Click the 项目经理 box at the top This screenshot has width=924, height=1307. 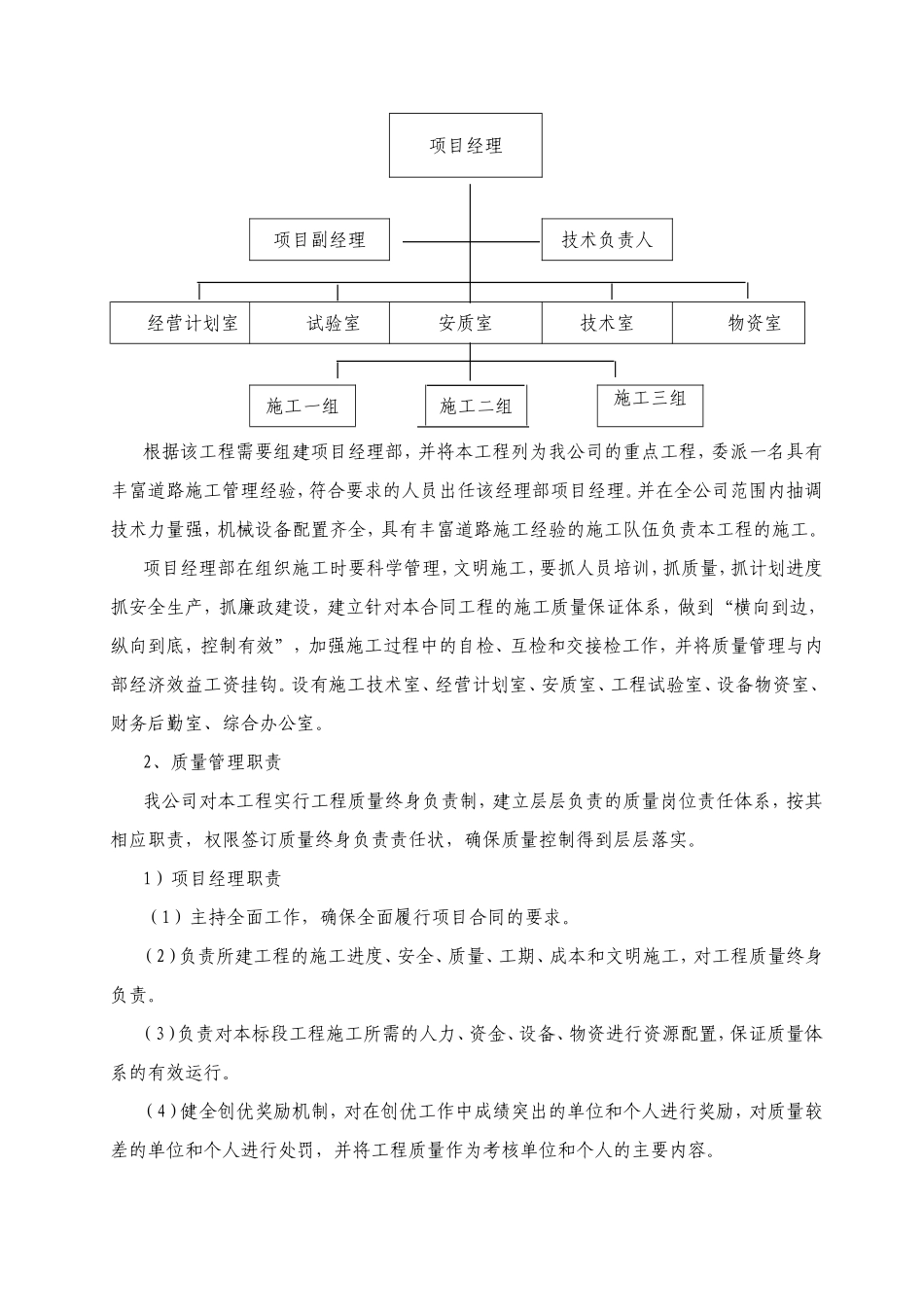tap(466, 146)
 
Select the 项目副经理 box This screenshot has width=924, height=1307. tap(319, 239)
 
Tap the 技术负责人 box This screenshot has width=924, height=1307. tap(607, 239)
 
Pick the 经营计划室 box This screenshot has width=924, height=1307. tap(181, 324)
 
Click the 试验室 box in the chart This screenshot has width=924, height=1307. tap(321, 324)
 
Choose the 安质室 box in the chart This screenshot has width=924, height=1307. tap(466, 324)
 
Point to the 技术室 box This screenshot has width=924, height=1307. tap(607, 324)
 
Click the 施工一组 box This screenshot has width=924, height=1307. tap(302, 406)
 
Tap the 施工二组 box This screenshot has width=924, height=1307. tap(476, 406)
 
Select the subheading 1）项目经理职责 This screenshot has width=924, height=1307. tap(212, 879)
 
